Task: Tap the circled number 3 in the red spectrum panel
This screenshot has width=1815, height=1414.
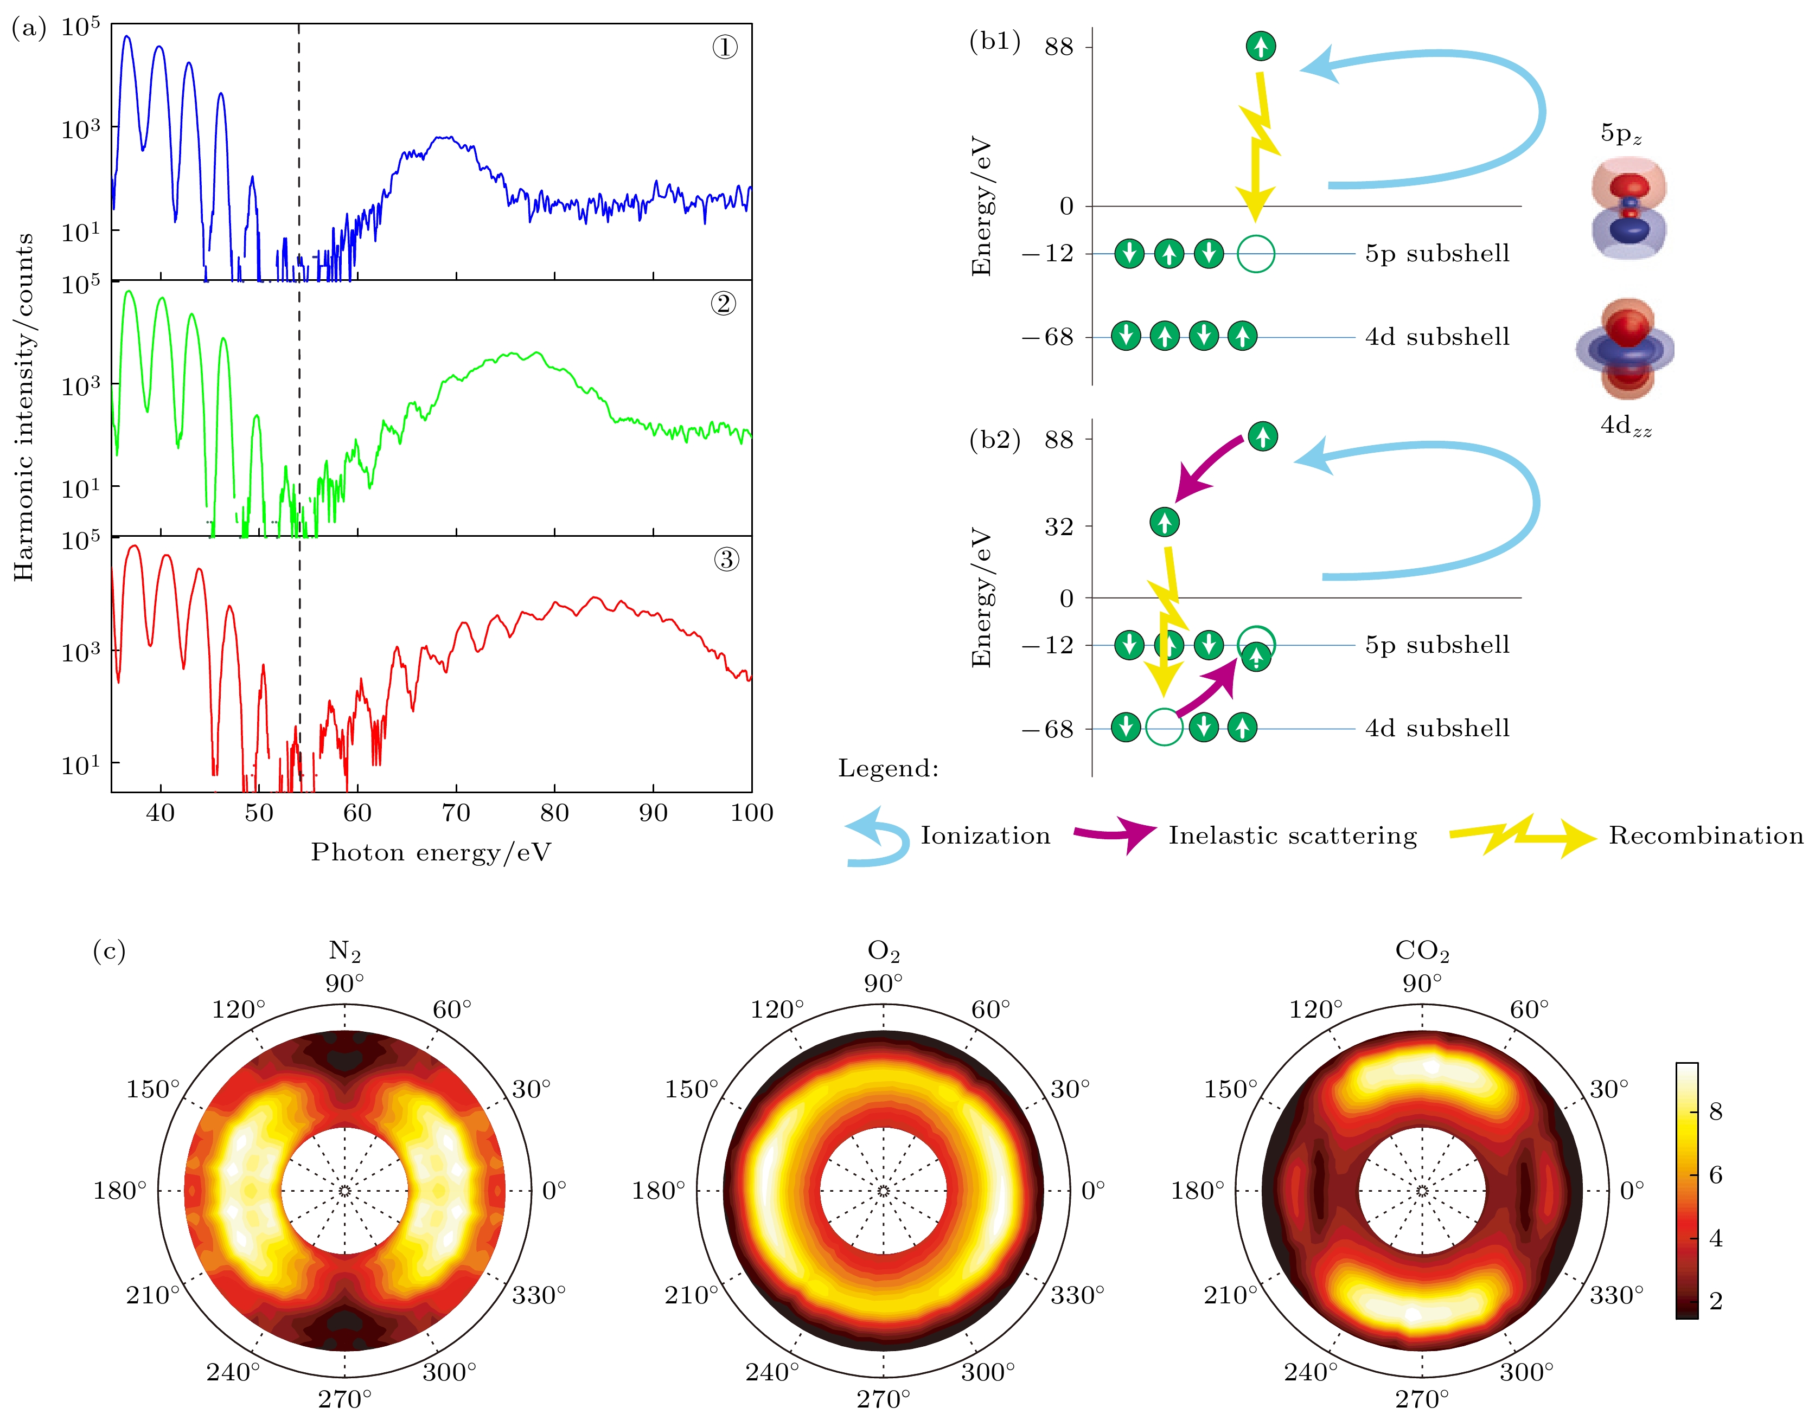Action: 725,559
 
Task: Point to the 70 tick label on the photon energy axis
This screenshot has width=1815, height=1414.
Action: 456,813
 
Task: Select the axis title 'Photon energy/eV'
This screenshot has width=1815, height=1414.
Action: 431,852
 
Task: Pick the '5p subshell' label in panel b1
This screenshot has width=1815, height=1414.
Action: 1437,253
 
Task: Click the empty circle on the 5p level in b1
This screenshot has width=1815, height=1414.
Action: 1255,253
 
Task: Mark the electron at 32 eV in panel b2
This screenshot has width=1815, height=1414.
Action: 1164,522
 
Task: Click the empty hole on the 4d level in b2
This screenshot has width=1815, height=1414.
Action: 1164,728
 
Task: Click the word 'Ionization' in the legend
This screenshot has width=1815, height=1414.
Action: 985,836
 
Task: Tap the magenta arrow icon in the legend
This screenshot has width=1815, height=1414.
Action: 1114,833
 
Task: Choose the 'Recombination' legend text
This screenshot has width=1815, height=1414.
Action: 1705,836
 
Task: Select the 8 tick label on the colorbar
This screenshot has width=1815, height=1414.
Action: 1715,1111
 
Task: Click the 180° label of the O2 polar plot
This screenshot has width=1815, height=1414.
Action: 657,1191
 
